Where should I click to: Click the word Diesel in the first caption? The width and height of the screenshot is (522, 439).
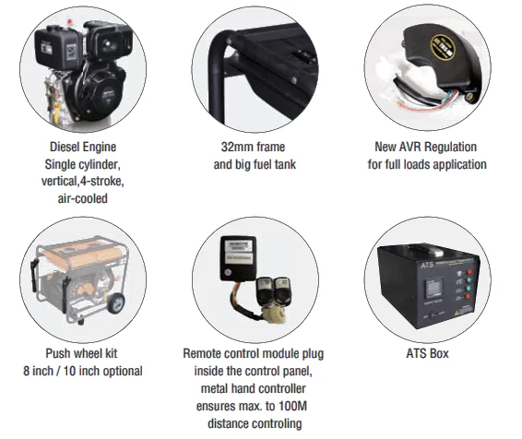click(x=65, y=147)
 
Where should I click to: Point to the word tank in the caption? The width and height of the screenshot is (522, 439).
click(x=291, y=164)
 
